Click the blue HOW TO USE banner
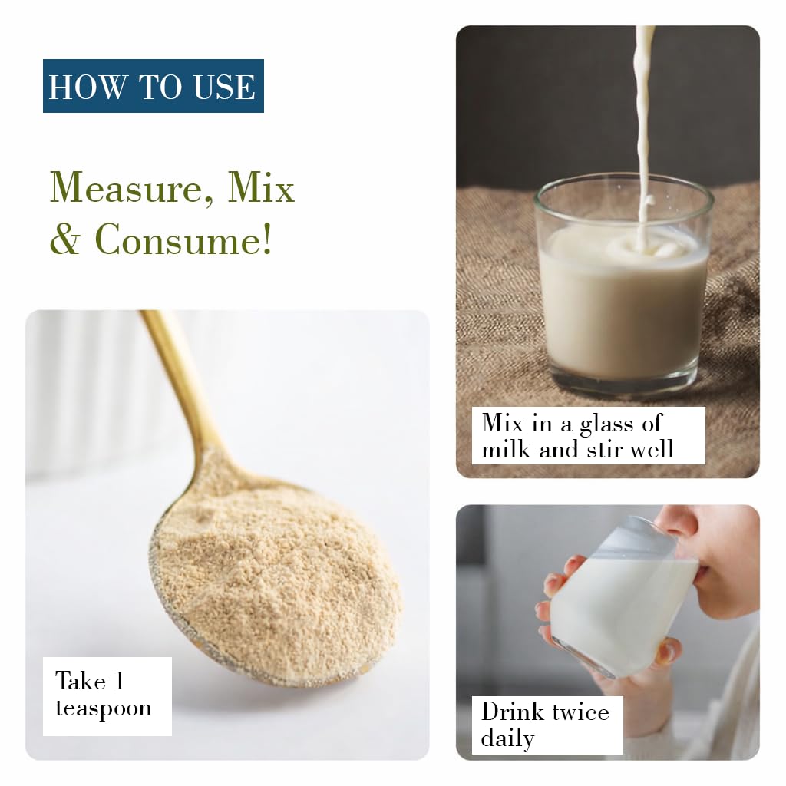[x=154, y=86]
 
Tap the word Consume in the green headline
[x=183, y=239]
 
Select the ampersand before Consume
[x=65, y=239]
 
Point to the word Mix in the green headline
[x=261, y=187]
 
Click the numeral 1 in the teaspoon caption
[x=119, y=681]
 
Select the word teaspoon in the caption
[x=104, y=708]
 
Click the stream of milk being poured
[x=643, y=135]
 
